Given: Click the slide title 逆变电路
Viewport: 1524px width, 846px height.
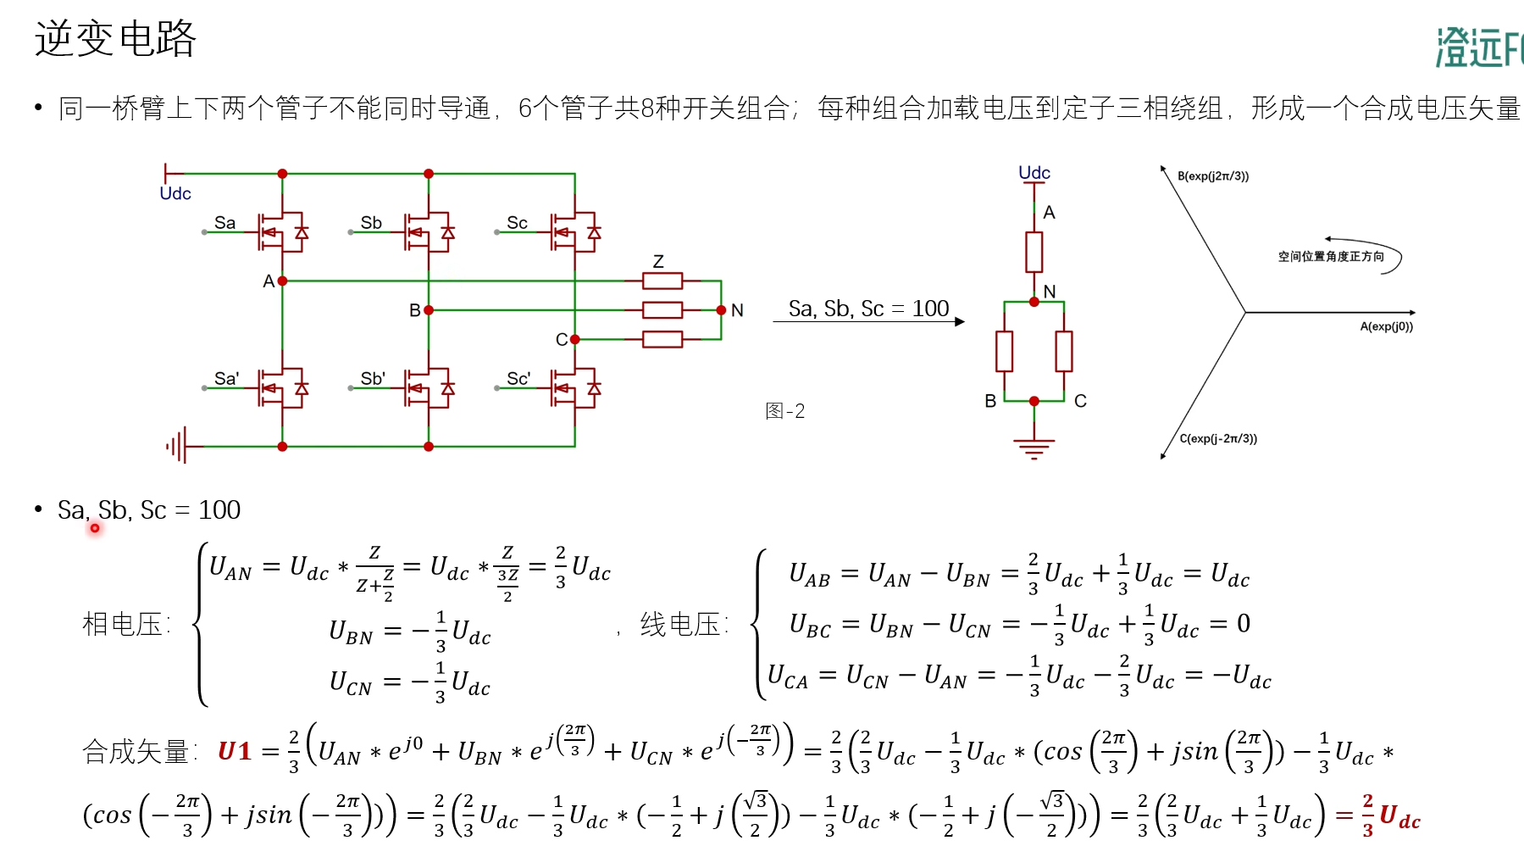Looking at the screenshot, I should click(x=115, y=39).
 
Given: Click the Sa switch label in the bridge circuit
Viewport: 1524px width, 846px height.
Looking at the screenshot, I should click(x=224, y=223).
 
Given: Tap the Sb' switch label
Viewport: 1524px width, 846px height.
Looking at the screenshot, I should click(x=373, y=379).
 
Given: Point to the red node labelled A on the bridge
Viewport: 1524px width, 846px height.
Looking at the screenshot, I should click(x=282, y=281).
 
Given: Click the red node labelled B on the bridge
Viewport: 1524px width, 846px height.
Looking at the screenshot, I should click(x=429, y=310).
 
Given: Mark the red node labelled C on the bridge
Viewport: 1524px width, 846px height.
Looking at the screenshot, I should click(x=575, y=339).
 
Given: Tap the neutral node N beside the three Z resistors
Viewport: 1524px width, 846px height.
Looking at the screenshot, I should click(x=721, y=310).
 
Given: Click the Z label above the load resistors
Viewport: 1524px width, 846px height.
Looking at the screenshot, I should click(x=658, y=261).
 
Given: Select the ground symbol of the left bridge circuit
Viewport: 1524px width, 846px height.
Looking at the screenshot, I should click(x=176, y=446).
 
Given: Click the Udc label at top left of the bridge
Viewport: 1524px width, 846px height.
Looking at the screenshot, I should click(x=175, y=193).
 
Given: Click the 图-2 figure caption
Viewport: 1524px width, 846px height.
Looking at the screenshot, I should click(x=784, y=411).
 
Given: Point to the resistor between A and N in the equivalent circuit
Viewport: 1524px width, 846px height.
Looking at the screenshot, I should click(x=1034, y=252).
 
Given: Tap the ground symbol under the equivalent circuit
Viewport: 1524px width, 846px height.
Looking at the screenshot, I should click(x=1034, y=448).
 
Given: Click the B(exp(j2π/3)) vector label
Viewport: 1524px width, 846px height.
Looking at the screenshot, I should click(x=1213, y=176).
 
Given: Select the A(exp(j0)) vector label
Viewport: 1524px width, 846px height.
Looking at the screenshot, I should click(x=1386, y=326).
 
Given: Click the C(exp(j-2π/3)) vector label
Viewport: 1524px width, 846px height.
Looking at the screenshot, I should click(x=1218, y=438).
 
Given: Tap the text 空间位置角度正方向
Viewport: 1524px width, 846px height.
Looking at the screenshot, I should click(x=1331, y=256).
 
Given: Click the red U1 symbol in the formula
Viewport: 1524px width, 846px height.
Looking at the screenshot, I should click(x=235, y=751).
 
